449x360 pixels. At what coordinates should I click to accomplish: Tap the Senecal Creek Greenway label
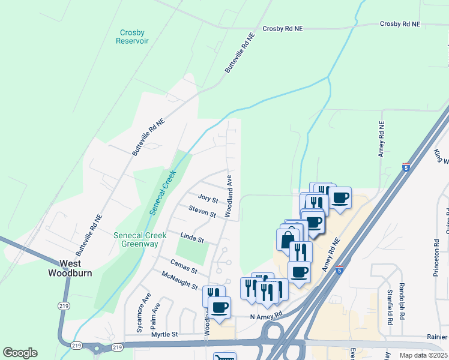click(136, 239)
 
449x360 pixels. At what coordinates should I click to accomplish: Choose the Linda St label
click(193, 238)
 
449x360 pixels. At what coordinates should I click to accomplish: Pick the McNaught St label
click(179, 280)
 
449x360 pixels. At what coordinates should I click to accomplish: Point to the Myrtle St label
click(166, 334)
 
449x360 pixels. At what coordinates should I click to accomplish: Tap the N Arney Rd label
click(266, 316)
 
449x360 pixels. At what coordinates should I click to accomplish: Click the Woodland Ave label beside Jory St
click(229, 196)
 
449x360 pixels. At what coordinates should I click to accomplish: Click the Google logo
click(20, 352)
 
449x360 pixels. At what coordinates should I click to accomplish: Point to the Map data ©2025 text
click(423, 355)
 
